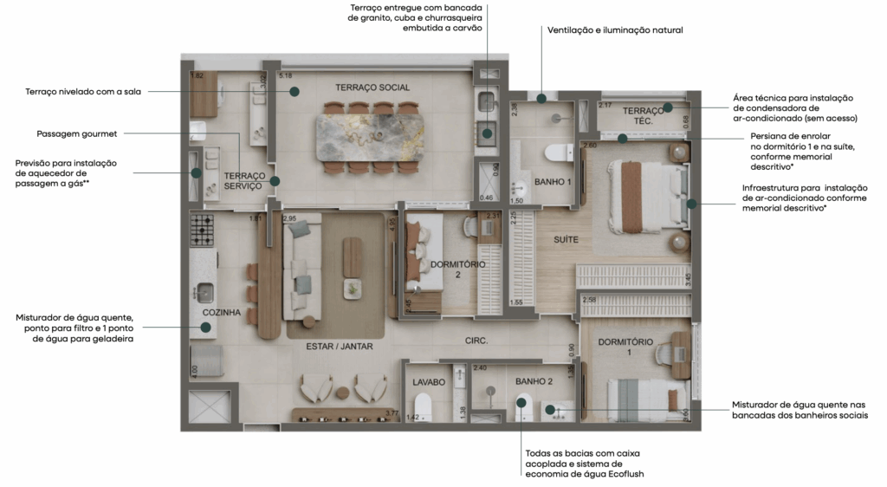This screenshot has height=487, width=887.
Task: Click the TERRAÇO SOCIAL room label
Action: [372, 88]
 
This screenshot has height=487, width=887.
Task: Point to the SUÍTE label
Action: [566, 239]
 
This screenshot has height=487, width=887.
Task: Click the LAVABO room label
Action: [428, 381]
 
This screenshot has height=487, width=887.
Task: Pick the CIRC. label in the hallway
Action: [476, 341]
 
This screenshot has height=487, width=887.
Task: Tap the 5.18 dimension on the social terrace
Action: [285, 76]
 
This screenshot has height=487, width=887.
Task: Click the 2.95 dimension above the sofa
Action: [289, 218]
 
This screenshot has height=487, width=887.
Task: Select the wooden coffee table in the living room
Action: [353, 256]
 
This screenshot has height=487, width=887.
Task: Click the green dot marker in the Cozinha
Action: [206, 327]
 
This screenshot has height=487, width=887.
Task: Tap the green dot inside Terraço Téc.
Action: [669, 108]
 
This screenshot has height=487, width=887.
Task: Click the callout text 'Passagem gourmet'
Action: [77, 134]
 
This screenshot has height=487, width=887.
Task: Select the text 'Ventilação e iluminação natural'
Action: [615, 30]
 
